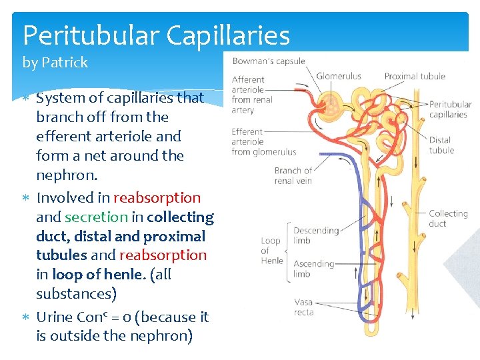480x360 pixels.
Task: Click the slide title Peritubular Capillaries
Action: click(x=156, y=35)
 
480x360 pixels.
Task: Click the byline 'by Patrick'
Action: click(x=55, y=63)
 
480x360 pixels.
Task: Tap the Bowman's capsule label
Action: click(x=268, y=61)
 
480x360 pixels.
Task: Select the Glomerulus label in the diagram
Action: click(x=338, y=76)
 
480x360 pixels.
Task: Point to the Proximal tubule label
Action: click(x=414, y=76)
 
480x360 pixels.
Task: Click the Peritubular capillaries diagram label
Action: click(x=450, y=109)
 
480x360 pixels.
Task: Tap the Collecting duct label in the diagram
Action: click(x=447, y=218)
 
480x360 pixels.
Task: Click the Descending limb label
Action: click(x=315, y=235)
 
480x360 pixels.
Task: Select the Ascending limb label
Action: click(x=313, y=269)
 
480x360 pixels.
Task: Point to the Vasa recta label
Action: click(x=303, y=307)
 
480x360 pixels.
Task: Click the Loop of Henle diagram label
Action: click(x=271, y=251)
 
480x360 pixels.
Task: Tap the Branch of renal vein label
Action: click(x=293, y=175)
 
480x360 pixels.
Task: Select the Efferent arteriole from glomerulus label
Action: click(x=263, y=141)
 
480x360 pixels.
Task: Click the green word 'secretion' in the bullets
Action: click(x=96, y=217)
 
